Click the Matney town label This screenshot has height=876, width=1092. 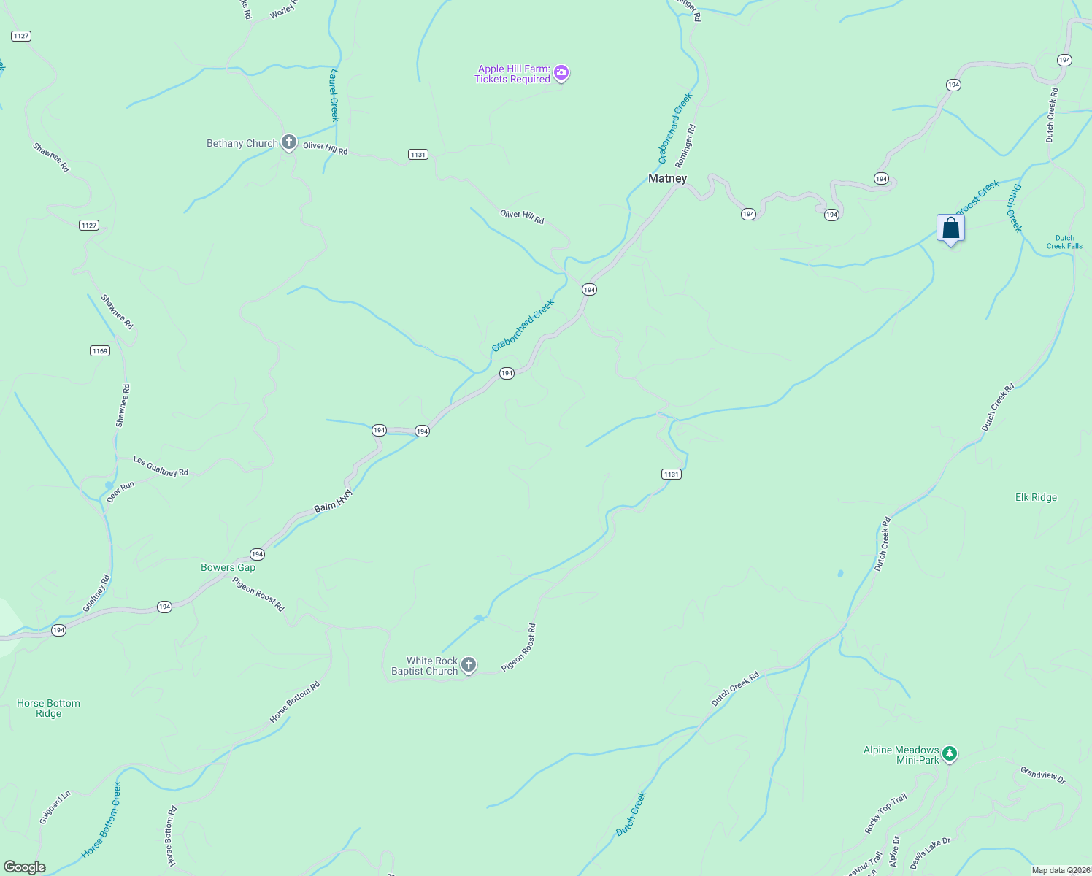click(667, 178)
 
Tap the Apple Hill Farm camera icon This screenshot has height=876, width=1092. click(561, 72)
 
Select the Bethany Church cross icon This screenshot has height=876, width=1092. click(289, 142)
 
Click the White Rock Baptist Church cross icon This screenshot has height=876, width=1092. click(469, 664)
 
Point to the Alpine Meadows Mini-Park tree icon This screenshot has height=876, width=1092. click(949, 753)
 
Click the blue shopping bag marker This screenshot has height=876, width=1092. click(950, 228)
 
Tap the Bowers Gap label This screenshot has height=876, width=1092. click(228, 567)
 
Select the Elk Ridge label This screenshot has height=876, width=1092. click(1036, 497)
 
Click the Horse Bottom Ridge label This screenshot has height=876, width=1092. click(48, 708)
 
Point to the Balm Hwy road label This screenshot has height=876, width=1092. click(334, 502)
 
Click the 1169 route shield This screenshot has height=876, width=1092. click(100, 351)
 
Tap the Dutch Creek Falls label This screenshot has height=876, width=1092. click(1064, 242)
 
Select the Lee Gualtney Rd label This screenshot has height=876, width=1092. click(161, 466)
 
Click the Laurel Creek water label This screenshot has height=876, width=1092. click(334, 95)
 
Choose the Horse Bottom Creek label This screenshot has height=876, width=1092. click(102, 820)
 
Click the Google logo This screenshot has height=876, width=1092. click(24, 867)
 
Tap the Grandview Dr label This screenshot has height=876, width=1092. click(1042, 775)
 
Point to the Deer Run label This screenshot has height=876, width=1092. click(120, 492)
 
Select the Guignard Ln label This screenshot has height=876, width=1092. click(55, 807)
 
